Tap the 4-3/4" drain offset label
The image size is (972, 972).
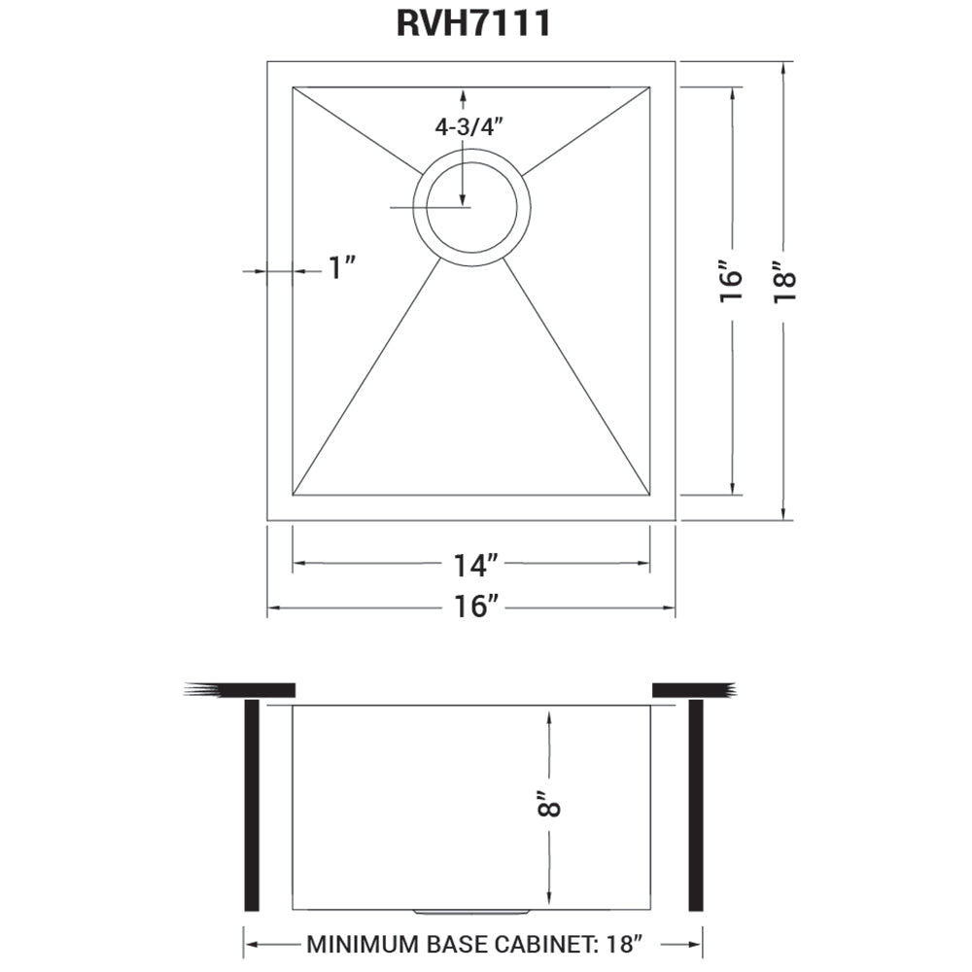click(471, 126)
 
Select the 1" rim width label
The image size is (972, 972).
click(342, 268)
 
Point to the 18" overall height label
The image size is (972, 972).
click(783, 282)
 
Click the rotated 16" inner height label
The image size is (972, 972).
click(731, 282)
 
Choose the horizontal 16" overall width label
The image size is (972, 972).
click(475, 607)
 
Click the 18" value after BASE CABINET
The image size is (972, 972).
click(623, 944)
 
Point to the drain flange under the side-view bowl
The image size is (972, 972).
click(472, 913)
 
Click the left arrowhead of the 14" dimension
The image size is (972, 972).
click(297, 563)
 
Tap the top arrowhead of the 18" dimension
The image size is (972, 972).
click(783, 67)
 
